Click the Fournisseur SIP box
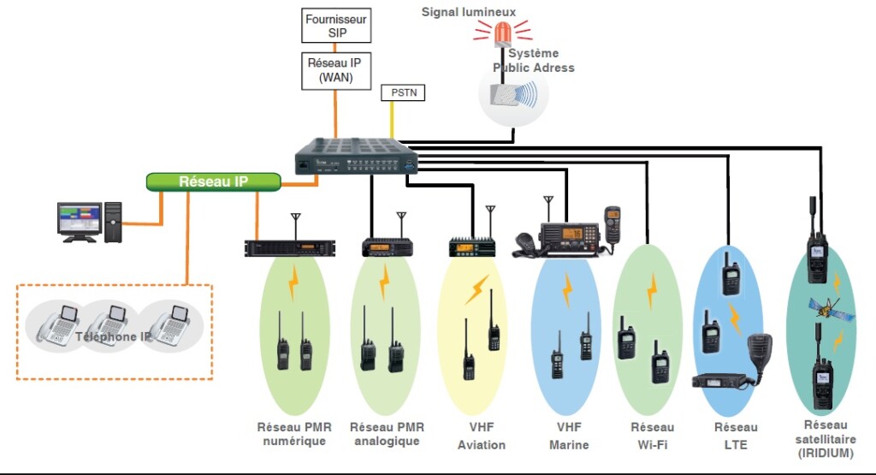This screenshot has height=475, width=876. [x=337, y=26]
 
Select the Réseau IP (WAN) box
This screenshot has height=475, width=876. [x=336, y=69]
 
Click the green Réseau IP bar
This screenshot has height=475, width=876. [x=213, y=182]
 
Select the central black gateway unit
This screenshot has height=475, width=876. [x=358, y=157]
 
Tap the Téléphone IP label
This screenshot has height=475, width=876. [x=115, y=337]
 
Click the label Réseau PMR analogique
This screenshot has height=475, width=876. [x=387, y=434]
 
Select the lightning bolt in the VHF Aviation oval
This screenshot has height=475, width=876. [x=476, y=289]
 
